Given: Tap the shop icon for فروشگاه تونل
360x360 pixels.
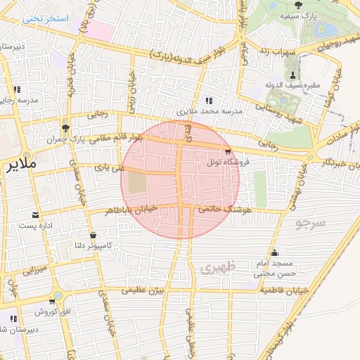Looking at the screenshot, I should click(x=228, y=151).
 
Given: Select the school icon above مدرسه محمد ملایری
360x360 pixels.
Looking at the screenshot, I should click(x=207, y=100).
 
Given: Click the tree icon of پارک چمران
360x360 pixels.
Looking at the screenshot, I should click(x=65, y=128).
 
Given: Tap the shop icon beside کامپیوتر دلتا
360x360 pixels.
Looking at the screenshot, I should click(x=93, y=235).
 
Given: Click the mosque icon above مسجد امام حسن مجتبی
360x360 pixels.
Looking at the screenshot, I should click(x=274, y=252).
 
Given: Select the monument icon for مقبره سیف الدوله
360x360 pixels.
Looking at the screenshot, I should click(x=292, y=75).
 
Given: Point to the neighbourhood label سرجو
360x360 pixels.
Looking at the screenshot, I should click(x=310, y=224).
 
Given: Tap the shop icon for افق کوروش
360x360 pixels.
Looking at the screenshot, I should click(x=52, y=301).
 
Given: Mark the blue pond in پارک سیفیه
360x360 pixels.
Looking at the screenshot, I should click(x=326, y=30).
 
